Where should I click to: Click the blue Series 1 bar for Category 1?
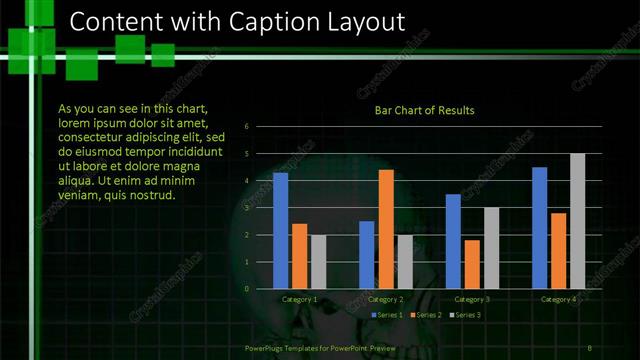(280, 231)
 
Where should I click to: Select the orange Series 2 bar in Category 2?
(386, 229)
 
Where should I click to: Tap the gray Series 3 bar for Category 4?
(577, 221)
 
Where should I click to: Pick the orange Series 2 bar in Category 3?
(472, 264)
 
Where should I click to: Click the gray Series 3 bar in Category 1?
(318, 262)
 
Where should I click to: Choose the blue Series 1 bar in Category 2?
(367, 255)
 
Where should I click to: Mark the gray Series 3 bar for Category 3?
(491, 248)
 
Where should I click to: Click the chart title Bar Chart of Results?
(424, 110)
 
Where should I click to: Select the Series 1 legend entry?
(388, 315)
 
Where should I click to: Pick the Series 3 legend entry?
(465, 315)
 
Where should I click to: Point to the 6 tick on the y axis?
(260, 127)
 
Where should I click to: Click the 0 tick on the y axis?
(260, 289)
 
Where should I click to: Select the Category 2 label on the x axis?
(386, 300)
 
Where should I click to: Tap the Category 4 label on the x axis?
(558, 300)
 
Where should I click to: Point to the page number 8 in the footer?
(589, 347)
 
